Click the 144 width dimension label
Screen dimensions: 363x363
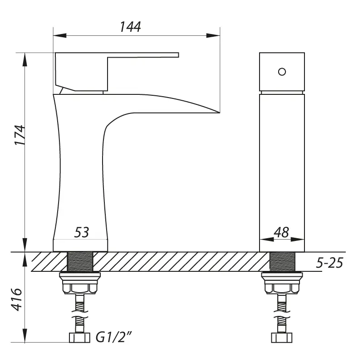click(130, 27)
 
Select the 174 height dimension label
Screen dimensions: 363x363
click(20, 135)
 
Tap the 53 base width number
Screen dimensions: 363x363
click(82, 232)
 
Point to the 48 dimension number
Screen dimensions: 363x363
click(281, 232)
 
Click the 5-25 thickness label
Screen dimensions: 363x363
click(329, 263)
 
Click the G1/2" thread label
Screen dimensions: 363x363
click(114, 337)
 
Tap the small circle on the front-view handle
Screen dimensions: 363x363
click(282, 72)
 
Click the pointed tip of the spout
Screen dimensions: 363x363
click(219, 113)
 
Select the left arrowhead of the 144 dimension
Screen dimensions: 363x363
click(60, 36)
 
